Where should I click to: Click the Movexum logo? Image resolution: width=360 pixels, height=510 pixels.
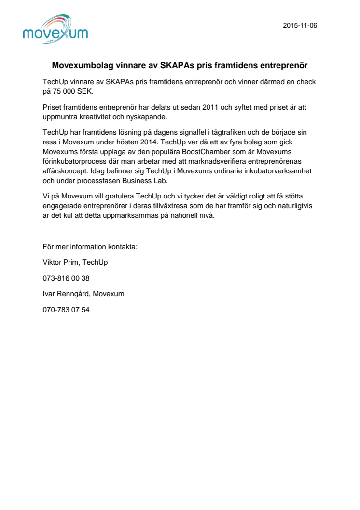point(55,29)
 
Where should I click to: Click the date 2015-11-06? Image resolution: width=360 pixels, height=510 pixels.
point(300,26)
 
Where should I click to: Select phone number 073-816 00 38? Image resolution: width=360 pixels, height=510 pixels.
point(66,278)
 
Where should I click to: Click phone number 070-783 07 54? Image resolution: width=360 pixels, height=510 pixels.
point(66,310)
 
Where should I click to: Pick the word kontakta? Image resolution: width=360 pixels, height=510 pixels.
point(123,246)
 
